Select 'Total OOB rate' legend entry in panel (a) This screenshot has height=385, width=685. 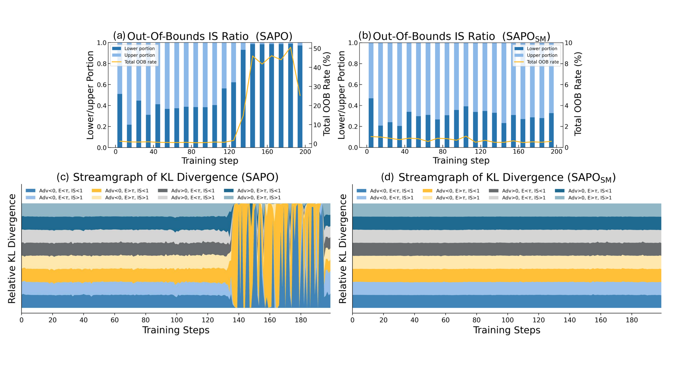point(140,62)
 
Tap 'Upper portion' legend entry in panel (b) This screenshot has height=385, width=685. point(542,55)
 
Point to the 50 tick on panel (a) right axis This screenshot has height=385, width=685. point(317,49)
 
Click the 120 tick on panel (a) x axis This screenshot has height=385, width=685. point(229,152)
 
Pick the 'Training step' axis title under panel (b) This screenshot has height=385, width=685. point(461,161)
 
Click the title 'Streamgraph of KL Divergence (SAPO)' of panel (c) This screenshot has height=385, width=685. point(176,177)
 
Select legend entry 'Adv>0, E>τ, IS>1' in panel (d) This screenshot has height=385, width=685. point(590,198)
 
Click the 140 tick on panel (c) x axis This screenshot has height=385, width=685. point(239,320)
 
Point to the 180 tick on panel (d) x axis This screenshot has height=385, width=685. point(632,320)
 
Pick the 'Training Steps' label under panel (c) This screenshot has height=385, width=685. point(176,330)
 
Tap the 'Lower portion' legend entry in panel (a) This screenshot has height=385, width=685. point(139,49)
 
